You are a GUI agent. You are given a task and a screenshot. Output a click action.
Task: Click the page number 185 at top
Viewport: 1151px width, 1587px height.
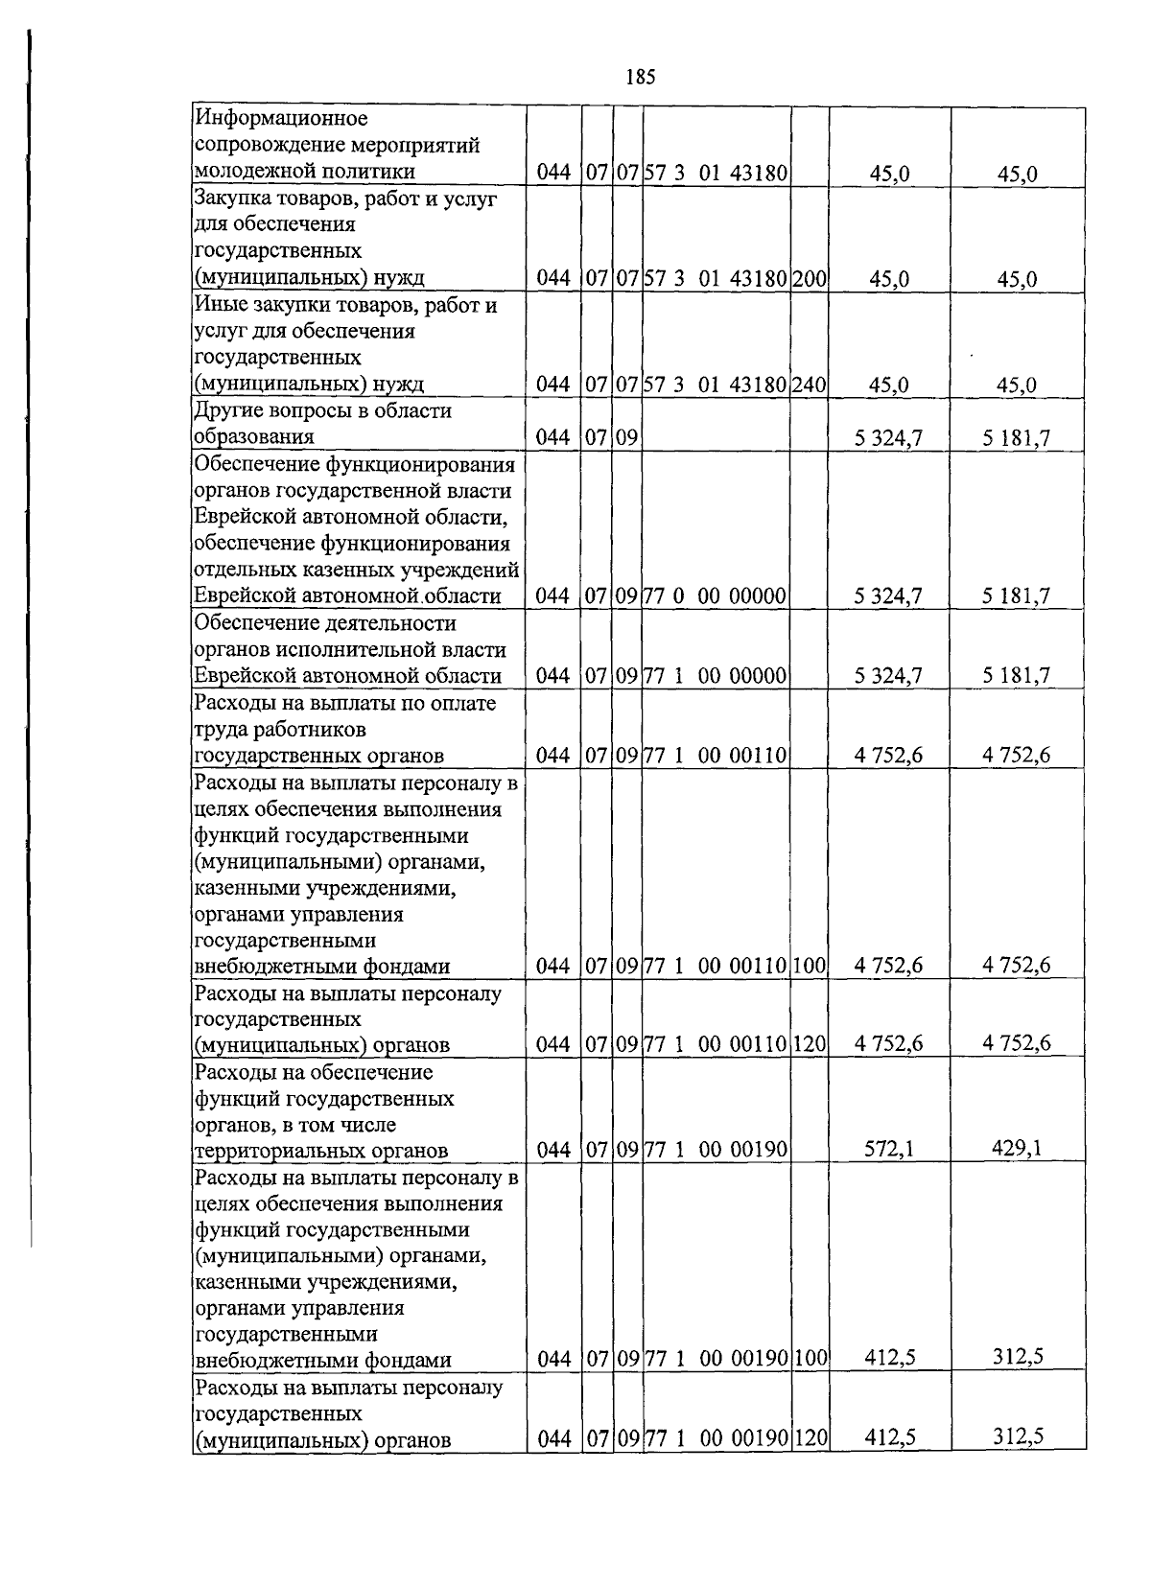point(640,78)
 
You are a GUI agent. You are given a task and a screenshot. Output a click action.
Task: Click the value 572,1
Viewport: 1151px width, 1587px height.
point(889,1149)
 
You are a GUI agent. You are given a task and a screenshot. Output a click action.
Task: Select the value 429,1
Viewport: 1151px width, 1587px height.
point(1017,1147)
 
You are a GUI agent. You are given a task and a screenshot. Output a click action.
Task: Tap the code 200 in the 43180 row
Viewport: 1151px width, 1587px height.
point(810,279)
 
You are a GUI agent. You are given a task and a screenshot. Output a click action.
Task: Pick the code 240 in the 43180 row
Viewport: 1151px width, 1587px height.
point(810,385)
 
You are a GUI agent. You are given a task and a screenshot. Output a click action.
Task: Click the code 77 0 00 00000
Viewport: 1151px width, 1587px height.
point(716,595)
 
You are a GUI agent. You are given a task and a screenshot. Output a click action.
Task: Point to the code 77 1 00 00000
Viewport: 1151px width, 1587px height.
point(716,675)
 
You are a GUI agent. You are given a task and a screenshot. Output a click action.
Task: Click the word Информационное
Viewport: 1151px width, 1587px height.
point(281,119)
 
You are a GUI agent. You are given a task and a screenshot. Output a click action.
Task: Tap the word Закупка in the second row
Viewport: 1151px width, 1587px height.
point(233,198)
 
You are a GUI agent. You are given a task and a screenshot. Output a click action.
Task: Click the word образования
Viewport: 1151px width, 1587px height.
point(254,437)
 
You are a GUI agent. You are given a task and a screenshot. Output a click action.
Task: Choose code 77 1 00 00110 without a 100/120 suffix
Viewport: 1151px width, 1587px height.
point(716,756)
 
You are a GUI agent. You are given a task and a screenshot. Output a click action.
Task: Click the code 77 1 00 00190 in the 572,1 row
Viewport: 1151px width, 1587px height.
point(716,1150)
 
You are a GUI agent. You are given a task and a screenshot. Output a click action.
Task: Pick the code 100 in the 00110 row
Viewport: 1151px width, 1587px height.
point(810,966)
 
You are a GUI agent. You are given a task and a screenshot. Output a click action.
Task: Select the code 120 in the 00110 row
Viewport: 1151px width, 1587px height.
point(810,1044)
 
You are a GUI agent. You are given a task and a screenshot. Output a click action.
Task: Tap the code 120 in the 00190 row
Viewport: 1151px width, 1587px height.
point(810,1438)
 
